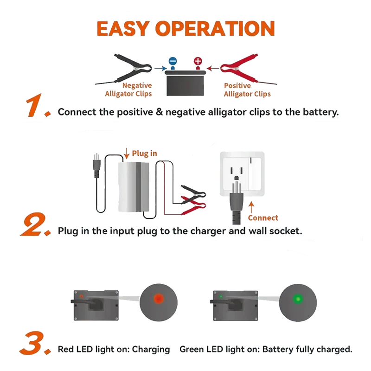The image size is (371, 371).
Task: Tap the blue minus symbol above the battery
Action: point(173,61)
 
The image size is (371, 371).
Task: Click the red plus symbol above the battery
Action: point(198,61)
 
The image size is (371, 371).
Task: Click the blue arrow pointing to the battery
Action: point(160,68)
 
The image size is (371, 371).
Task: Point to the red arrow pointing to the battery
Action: point(213,68)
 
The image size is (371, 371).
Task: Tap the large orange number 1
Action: point(38,105)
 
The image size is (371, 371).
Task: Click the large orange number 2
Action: point(36,224)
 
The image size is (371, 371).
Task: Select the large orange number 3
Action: point(35,343)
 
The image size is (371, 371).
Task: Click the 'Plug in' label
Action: point(144,154)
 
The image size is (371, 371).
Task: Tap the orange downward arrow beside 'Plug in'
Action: point(127,154)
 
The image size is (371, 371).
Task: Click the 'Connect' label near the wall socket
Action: point(263,217)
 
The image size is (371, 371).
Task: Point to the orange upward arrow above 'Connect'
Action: point(251,207)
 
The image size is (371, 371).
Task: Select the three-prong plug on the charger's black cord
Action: point(96,166)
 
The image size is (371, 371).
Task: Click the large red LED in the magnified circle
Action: point(159,299)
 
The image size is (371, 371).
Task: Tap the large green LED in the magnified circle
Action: point(298,299)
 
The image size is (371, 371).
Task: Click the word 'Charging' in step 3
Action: point(151,350)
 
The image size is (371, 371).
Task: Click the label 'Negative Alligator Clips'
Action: point(128,90)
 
